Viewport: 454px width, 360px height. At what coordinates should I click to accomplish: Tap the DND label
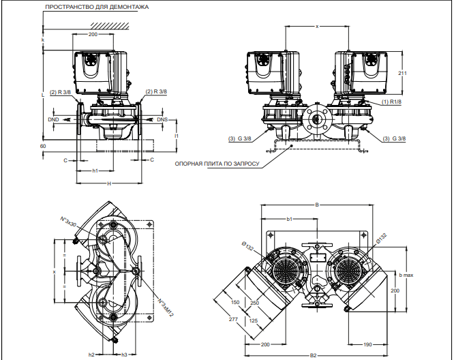[54, 119]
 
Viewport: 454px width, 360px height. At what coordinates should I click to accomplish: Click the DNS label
[162, 119]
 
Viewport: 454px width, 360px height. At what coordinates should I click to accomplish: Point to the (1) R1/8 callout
[391, 102]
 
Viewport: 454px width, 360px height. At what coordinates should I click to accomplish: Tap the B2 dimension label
[314, 355]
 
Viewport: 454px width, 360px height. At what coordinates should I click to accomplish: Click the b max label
[406, 275]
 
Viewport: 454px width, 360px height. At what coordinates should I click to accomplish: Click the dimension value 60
[43, 146]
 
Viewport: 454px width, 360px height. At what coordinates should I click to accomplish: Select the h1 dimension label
[96, 171]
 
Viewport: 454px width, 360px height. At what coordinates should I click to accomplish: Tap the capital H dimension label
[108, 184]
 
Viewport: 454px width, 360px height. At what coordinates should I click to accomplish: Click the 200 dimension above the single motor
[93, 33]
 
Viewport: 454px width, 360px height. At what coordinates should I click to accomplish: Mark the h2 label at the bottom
[91, 355]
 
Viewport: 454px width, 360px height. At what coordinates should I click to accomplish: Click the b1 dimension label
[290, 220]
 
